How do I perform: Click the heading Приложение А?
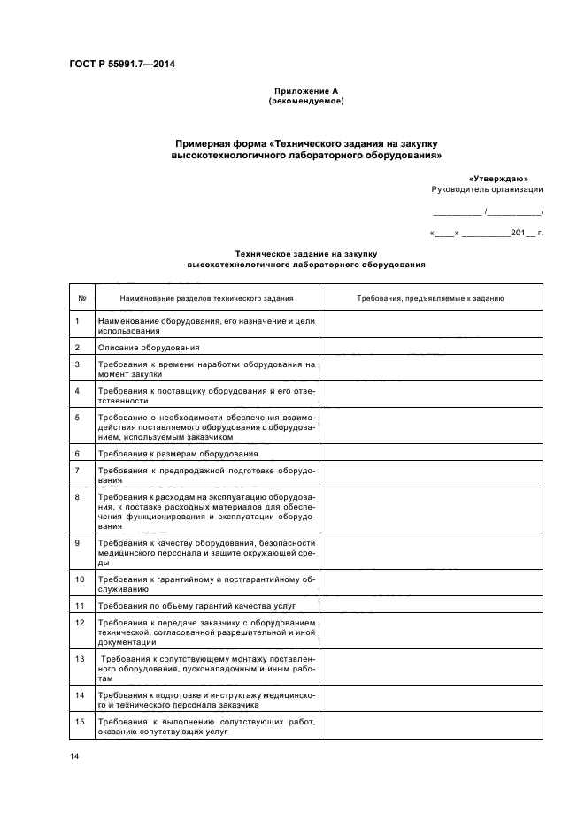pos(305,91)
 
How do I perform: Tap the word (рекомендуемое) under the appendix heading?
pos(305,101)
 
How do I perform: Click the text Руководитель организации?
pos(487,189)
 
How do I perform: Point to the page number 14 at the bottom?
pos(74,756)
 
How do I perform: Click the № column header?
pos(81,298)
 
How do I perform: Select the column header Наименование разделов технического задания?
pos(206,298)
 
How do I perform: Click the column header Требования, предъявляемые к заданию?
pos(430,298)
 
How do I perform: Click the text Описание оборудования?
pos(149,348)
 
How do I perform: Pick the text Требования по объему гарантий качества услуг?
pos(196,606)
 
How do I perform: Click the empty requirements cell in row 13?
pos(430,669)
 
